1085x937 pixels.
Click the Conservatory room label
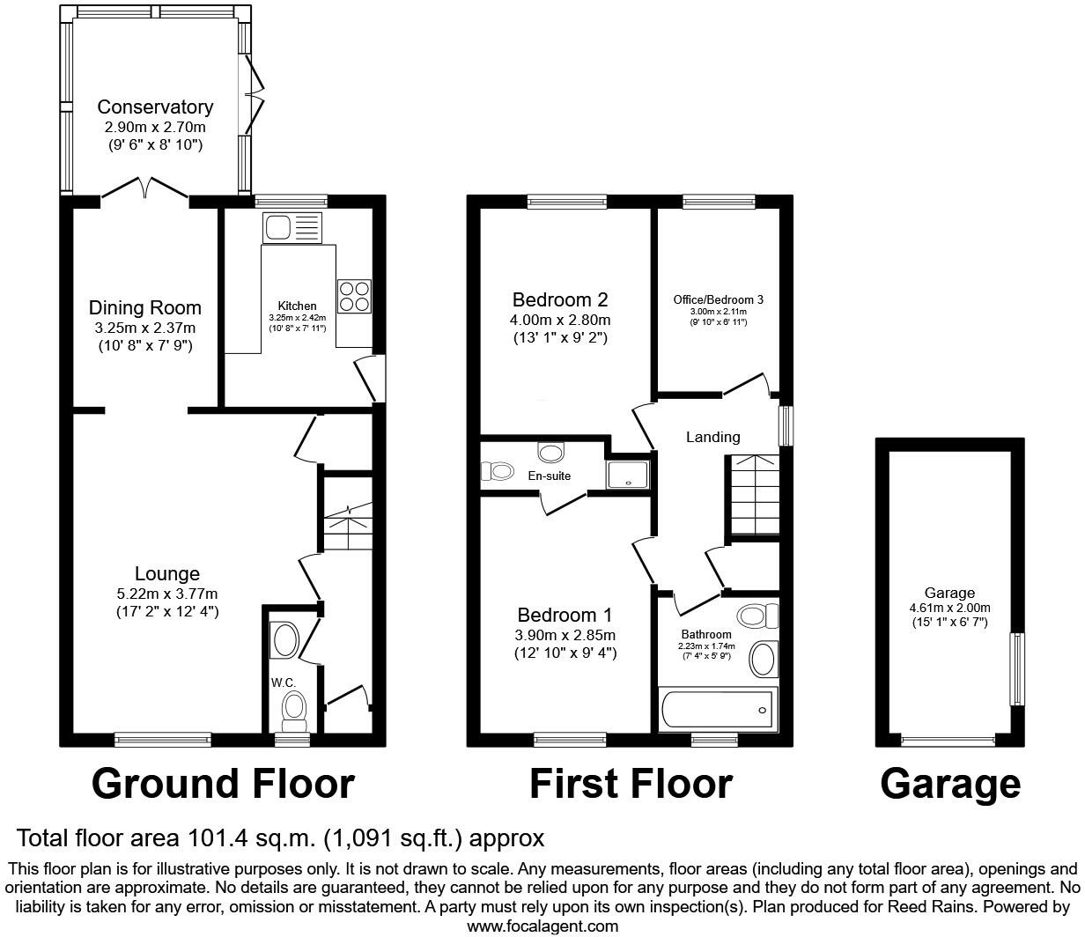coord(155,107)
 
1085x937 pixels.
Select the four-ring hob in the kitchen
coord(354,295)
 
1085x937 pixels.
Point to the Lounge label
coord(166,574)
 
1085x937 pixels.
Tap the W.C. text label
coord(282,681)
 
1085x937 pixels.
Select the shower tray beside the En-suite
coord(629,473)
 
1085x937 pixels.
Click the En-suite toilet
coord(498,472)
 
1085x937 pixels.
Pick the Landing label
coord(712,437)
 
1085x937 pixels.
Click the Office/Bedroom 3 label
coord(718,299)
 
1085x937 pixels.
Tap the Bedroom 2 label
coord(561,299)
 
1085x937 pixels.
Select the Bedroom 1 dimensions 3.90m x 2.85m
coord(565,636)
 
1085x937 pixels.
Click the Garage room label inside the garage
coord(949,594)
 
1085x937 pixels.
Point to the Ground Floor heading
coord(223,783)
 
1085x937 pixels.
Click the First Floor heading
coord(631,783)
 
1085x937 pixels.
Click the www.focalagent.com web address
coord(542,926)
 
